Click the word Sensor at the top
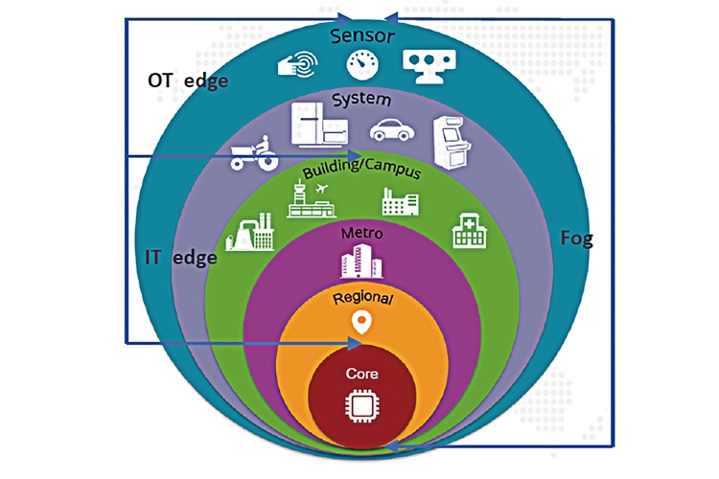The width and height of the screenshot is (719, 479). pos(362,35)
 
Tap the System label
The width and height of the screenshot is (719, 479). pos(361,99)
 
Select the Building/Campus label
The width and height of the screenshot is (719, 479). pos(361,170)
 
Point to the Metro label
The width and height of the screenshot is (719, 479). pos(361,233)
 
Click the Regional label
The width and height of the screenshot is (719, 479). pos(362,298)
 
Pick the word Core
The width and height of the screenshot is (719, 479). pos(361,374)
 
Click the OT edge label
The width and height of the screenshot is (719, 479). pos(188,80)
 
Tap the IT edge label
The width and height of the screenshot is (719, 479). pos(181,258)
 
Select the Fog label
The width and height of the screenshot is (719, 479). pos(577,239)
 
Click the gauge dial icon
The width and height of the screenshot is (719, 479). pos(362,64)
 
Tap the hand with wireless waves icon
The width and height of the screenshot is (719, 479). pos(298,64)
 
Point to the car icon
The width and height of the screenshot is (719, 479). pos(392,130)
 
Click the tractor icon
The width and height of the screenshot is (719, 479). pos(254,153)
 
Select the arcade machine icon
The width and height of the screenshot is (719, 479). pos(452,143)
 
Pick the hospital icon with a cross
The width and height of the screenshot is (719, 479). pos(469,231)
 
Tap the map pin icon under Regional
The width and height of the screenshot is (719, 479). pos(361,323)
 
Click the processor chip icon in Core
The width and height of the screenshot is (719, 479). pos(361,405)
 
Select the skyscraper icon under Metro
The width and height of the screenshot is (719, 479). pos(361,262)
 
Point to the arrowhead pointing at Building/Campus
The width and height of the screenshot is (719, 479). pos(353,156)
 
